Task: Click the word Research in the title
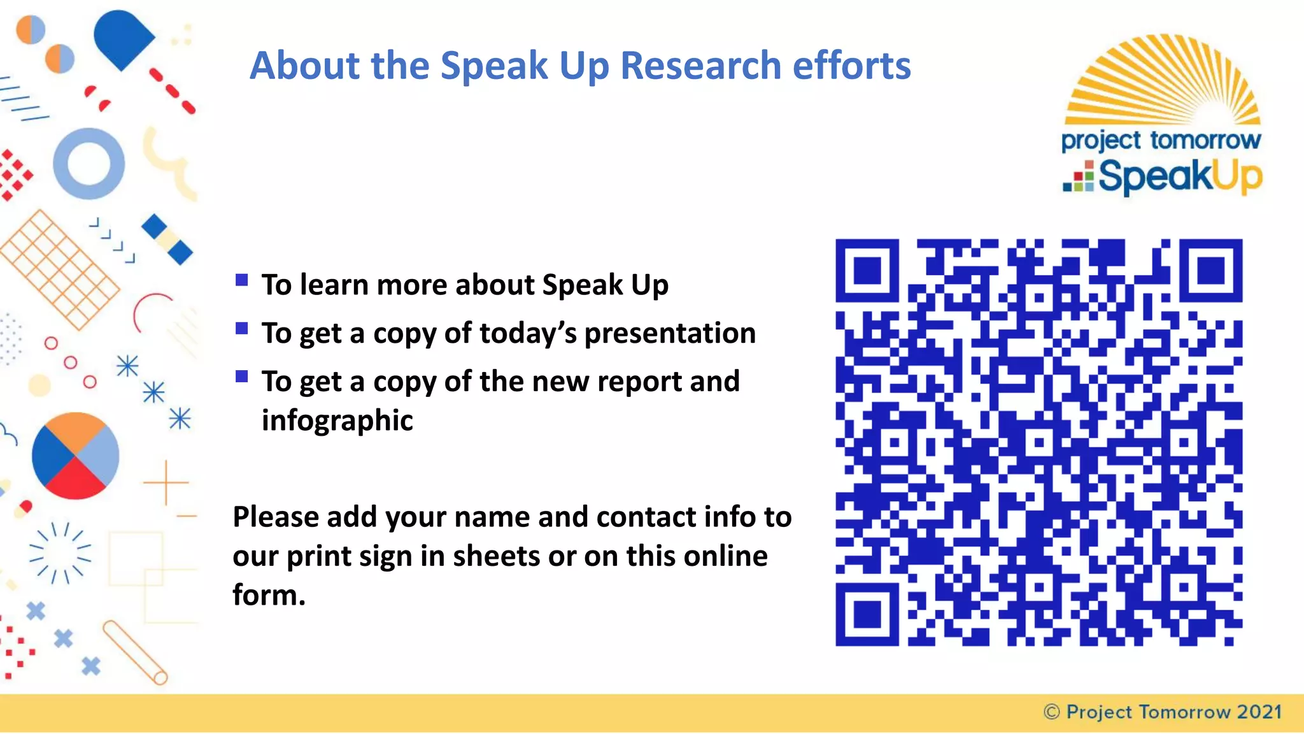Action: coord(700,66)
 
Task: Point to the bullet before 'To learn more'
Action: coord(241,280)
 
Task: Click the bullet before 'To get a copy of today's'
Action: coord(241,328)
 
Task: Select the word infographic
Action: coord(337,421)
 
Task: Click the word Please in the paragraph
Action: coord(275,517)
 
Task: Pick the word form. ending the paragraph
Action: coord(269,595)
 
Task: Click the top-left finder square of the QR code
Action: coord(867,270)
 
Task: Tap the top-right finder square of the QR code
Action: coord(1211,270)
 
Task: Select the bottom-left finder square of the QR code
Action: coord(867,615)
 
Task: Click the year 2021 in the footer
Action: coord(1259,712)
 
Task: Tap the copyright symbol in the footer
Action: coord(1052,712)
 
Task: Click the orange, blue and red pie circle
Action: coord(75,456)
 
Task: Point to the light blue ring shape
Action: coord(89,164)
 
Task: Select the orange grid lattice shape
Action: coord(59,270)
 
